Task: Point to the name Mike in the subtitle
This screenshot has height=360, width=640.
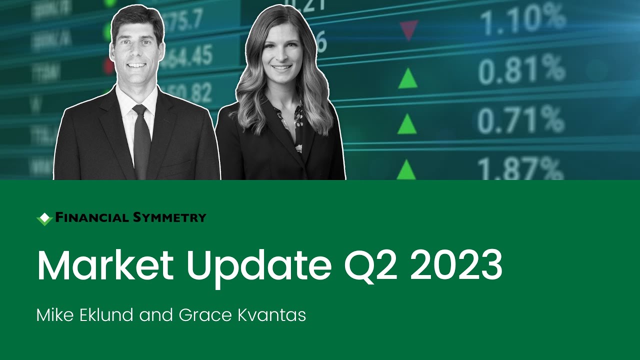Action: pyautogui.click(x=54, y=315)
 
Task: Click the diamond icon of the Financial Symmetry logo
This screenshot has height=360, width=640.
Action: pyautogui.click(x=44, y=218)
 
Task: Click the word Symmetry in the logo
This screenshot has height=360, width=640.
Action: pyautogui.click(x=170, y=217)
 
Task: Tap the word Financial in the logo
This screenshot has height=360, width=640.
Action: pyautogui.click(x=91, y=217)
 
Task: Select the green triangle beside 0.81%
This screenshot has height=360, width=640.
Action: pyautogui.click(x=407, y=79)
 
